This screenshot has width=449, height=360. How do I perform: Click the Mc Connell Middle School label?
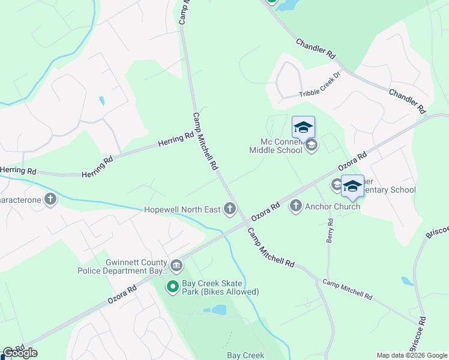pos(280,146)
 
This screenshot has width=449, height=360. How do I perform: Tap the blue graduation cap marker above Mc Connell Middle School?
pos(303,127)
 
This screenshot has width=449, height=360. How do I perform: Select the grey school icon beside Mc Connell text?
pos(312,145)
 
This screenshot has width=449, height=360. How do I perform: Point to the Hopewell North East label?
pos(182,209)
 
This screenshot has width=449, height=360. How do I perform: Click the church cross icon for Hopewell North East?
pos(229,209)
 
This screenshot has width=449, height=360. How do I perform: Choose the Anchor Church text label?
pos(333,206)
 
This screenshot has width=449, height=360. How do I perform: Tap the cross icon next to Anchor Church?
pos(295,206)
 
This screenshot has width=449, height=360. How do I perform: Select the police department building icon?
pos(176,265)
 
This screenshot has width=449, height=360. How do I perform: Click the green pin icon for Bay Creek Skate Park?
pos(173,287)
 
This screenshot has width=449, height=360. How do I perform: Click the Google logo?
pos(20,353)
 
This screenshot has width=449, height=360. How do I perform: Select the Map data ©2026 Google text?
pos(412,355)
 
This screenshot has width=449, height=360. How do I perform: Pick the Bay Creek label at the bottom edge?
pos(245,355)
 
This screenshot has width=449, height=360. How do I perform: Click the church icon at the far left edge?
pos(50,199)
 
